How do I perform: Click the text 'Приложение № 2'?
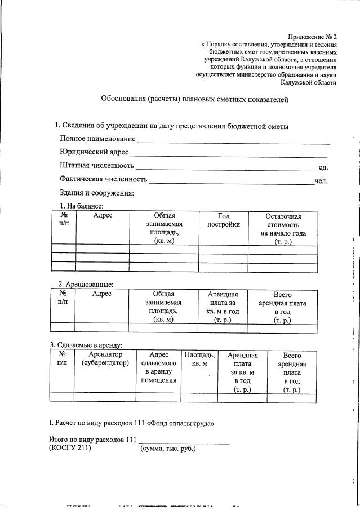pyautogui.click(x=312, y=36)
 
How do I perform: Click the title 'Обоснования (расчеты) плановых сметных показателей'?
pyautogui.click(x=194, y=100)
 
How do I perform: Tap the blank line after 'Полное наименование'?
pyautogui.click(x=234, y=141)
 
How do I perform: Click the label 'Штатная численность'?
pyautogui.click(x=96, y=166)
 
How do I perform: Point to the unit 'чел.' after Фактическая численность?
pyautogui.click(x=321, y=180)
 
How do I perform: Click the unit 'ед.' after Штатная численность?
pyautogui.click(x=323, y=167)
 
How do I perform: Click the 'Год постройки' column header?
pyautogui.click(x=224, y=220)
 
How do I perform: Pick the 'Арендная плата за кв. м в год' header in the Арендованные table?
pyautogui.click(x=223, y=307)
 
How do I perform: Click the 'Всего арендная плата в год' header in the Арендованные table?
pyautogui.click(x=282, y=307)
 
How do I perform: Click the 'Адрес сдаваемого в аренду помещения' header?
pyautogui.click(x=159, y=367)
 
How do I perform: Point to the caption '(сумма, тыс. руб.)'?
pyautogui.click(x=167, y=449)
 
